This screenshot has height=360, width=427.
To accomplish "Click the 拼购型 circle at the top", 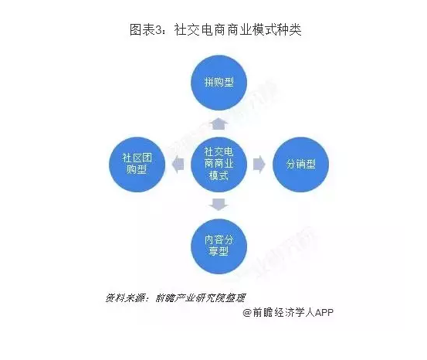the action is (219, 83).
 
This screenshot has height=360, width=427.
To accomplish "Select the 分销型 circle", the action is (301, 165).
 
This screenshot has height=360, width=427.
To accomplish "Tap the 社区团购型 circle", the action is (137, 165).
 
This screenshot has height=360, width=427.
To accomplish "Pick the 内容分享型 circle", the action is (219, 246).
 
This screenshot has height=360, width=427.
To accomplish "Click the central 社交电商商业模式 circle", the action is (219, 165).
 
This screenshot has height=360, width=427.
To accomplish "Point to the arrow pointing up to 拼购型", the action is (219, 124).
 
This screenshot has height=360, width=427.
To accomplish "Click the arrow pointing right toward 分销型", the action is (259, 165).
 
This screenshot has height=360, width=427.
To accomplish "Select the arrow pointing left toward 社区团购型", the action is (178, 165).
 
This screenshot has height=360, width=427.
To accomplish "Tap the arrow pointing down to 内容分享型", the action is (219, 205).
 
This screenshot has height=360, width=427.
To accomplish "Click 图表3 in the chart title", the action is (146, 29).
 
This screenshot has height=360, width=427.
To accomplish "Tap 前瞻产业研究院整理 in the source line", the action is (201, 298).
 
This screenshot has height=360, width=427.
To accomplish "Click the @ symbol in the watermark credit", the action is (247, 312).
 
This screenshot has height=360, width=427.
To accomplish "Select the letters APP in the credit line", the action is (324, 312).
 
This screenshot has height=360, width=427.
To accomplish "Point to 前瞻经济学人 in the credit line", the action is (283, 312).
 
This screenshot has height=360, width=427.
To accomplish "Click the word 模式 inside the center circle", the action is (219, 176).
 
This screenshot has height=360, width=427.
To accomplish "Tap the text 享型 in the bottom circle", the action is (219, 251).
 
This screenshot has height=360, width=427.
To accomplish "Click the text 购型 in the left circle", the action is (137, 169).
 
